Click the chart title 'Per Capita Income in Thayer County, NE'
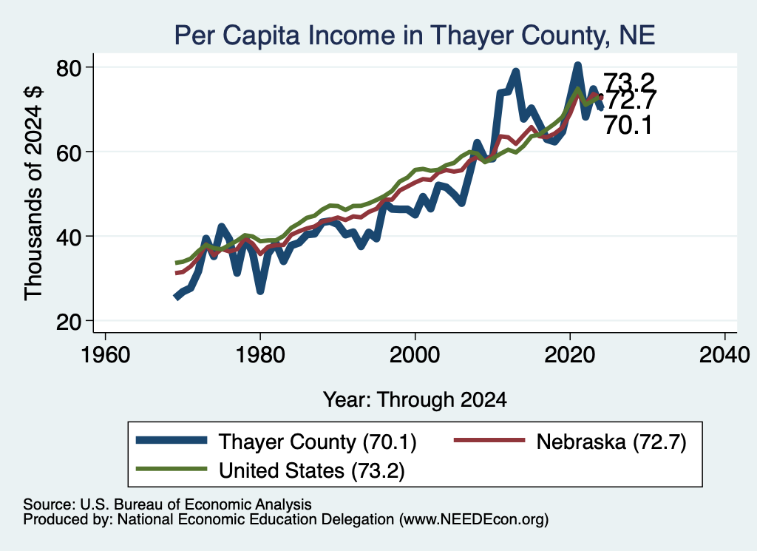[x=414, y=36]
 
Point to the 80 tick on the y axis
[x=69, y=67]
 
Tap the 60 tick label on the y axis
[x=69, y=152]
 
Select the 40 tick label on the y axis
[x=69, y=237]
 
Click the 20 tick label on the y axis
[x=69, y=321]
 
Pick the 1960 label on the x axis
[x=105, y=355]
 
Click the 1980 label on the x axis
[x=260, y=355]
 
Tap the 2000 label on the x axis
[x=415, y=355]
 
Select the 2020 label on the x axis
[x=570, y=355]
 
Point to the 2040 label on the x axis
[x=724, y=355]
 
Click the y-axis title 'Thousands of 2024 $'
[x=34, y=193]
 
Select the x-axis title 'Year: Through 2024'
[x=415, y=400]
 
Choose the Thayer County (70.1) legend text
[x=318, y=442]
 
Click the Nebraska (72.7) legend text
[x=611, y=442]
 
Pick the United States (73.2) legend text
[x=312, y=470]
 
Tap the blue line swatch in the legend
[x=172, y=440]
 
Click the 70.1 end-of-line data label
[x=628, y=126]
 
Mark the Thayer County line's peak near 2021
[x=577, y=65]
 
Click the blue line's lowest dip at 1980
[x=260, y=291]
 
